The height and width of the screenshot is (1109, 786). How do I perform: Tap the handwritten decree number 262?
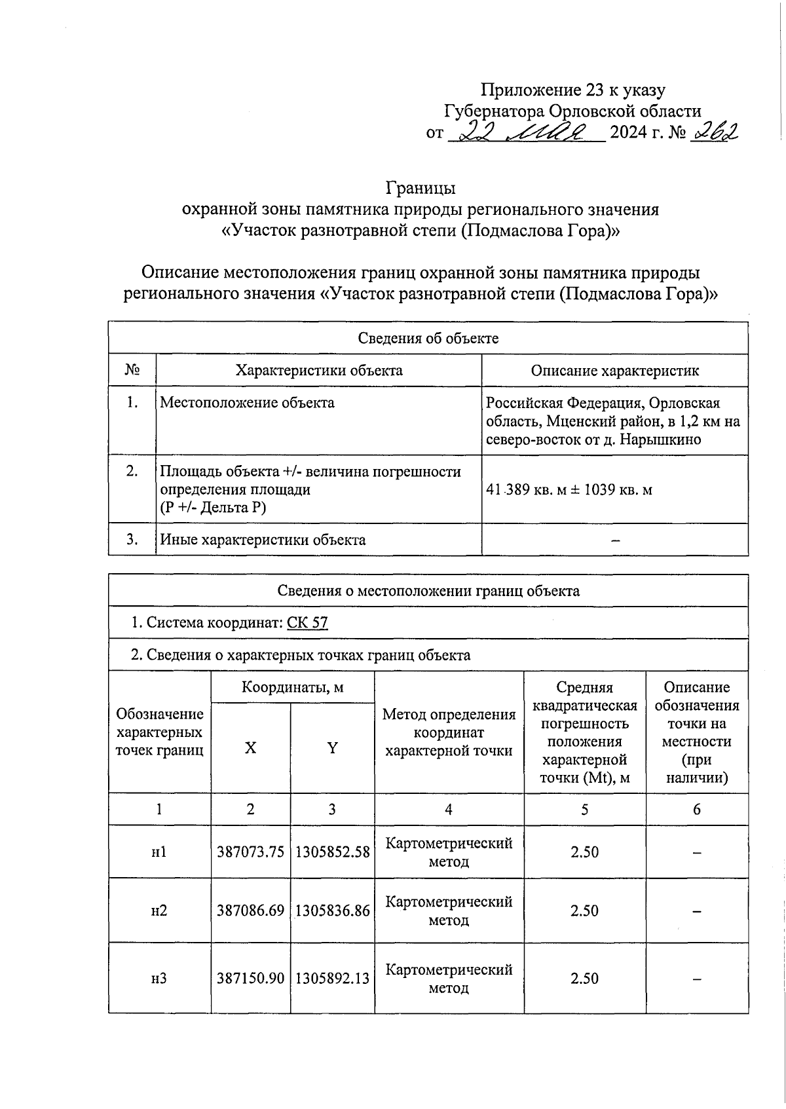[716, 132]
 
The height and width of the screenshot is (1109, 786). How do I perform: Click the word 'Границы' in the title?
[420, 188]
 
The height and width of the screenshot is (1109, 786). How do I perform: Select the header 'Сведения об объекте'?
[428, 338]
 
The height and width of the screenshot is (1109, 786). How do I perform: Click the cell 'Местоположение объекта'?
[247, 402]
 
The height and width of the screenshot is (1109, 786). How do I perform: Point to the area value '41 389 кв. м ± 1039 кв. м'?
[569, 489]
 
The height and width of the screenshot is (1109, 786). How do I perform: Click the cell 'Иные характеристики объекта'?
[263, 540]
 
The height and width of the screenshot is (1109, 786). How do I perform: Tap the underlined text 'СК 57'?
[307, 622]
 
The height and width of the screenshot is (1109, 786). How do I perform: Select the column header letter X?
[250, 748]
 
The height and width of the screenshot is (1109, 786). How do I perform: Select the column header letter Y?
[332, 748]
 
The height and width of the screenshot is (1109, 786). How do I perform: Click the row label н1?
[159, 852]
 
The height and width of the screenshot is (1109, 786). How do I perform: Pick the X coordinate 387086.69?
[250, 911]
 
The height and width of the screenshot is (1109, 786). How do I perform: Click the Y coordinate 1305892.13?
[332, 978]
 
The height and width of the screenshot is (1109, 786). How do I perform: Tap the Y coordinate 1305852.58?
[332, 852]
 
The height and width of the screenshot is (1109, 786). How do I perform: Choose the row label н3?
[159, 978]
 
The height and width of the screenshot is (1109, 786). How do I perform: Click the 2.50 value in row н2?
[584, 911]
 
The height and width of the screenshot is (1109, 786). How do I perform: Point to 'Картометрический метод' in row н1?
[449, 852]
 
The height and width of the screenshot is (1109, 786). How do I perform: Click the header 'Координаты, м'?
[292, 687]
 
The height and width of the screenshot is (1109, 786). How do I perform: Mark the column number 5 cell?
[584, 809]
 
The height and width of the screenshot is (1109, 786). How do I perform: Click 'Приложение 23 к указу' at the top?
[573, 90]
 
